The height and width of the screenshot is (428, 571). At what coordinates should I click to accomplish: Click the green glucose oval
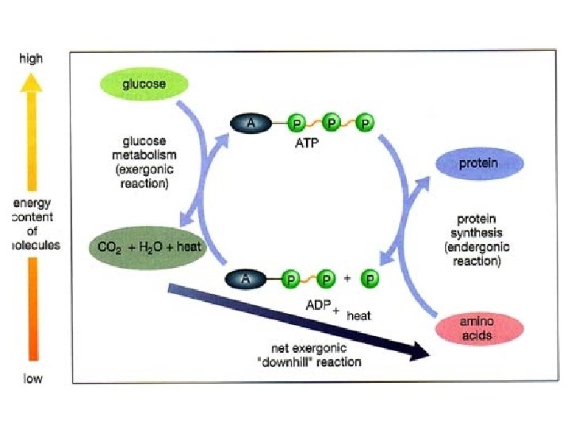tap(144, 83)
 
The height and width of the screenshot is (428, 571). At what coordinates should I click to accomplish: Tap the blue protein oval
tap(479, 164)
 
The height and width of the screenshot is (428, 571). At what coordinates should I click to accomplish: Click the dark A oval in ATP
tap(251, 123)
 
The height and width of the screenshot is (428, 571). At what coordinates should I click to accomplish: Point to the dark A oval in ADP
tap(247, 279)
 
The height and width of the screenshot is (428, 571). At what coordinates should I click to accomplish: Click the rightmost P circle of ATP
tap(365, 124)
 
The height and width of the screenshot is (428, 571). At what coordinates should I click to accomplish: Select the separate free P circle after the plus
tap(370, 279)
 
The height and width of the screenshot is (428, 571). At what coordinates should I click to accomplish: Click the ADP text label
tap(317, 305)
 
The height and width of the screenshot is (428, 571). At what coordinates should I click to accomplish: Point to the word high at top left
tap(32, 58)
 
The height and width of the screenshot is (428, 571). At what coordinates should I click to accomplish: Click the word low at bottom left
tap(32, 378)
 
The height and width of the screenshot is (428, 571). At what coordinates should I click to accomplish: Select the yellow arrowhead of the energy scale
tap(32, 81)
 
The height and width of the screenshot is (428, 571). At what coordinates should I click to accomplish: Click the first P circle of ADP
tap(292, 279)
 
